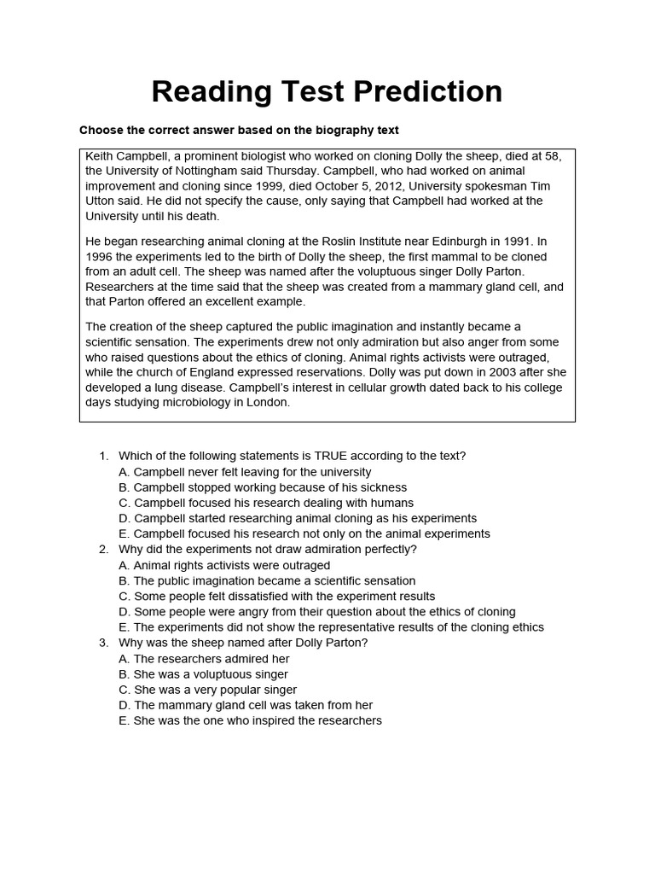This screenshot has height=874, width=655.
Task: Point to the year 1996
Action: pyautogui.click(x=100, y=257)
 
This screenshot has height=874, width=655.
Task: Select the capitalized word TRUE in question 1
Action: pyautogui.click(x=333, y=456)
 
